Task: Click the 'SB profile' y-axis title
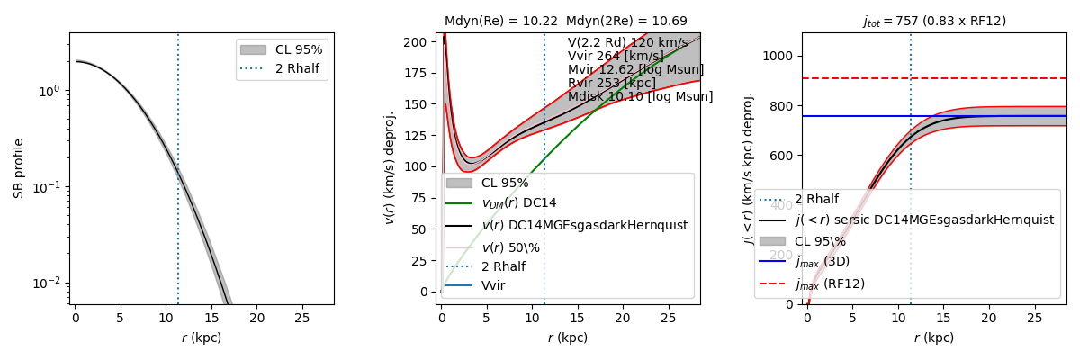pyautogui.click(x=19, y=168)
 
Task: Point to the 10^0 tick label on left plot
pyautogui.click(x=49, y=91)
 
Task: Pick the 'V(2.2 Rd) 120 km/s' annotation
pyautogui.click(x=627, y=43)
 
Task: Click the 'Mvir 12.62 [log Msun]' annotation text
pyautogui.click(x=635, y=70)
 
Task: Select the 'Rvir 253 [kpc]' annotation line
pyautogui.click(x=612, y=84)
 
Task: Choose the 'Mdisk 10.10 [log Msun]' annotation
pyautogui.click(x=640, y=97)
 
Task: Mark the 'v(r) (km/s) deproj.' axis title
pyautogui.click(x=390, y=168)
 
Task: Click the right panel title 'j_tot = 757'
pyautogui.click(x=933, y=21)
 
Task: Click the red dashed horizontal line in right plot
pyautogui.click(x=990, y=78)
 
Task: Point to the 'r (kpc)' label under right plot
pyautogui.click(x=933, y=338)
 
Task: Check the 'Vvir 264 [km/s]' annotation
pyautogui.click(x=613, y=57)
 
